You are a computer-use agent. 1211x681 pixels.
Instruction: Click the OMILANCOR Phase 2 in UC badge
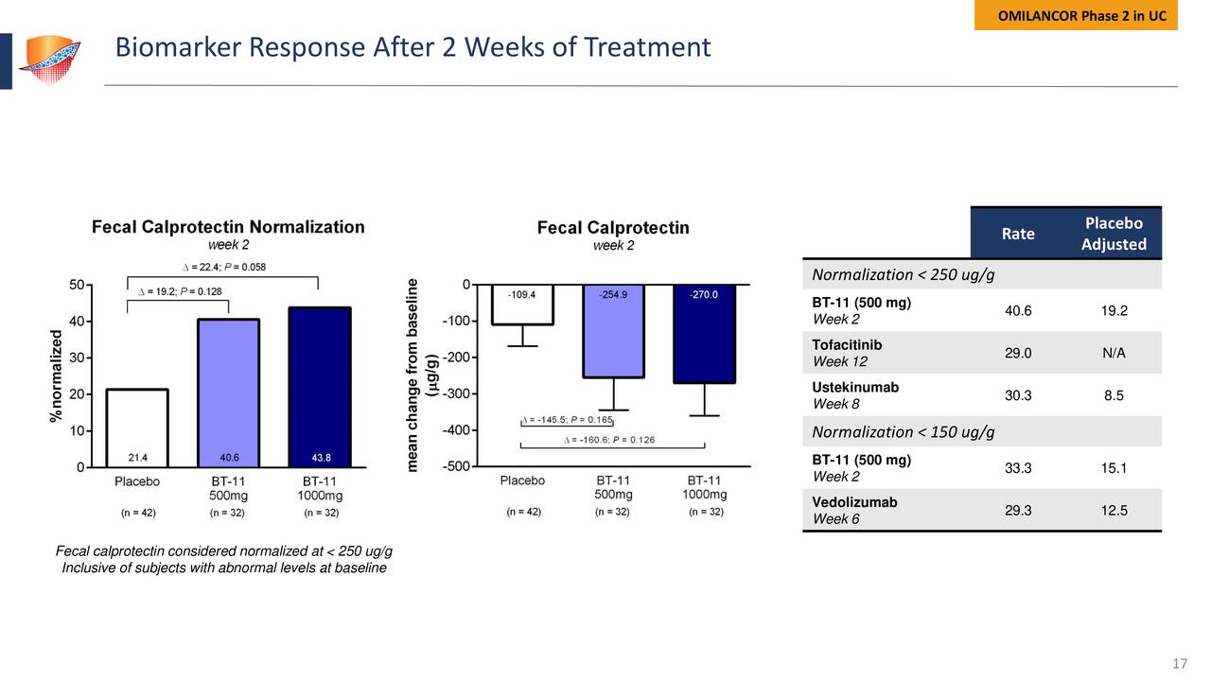(1076, 16)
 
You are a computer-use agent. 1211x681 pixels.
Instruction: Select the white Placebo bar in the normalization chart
(137, 428)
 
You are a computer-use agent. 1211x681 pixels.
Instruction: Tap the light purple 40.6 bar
(228, 393)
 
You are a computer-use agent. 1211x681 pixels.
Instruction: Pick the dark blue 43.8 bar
(319, 387)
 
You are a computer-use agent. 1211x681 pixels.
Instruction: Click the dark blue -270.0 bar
(705, 334)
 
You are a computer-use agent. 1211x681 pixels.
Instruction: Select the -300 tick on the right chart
(457, 393)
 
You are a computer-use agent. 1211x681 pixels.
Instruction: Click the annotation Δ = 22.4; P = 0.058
(222, 267)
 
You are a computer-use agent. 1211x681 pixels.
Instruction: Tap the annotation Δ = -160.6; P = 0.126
(609, 439)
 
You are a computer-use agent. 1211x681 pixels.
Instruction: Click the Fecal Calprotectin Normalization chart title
(227, 227)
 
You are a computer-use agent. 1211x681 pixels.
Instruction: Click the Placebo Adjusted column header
(1114, 234)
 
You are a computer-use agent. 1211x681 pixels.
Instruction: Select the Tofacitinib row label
(847, 345)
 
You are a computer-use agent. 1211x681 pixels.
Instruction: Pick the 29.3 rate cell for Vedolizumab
(1018, 510)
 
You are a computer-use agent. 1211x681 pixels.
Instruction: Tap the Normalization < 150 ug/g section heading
(903, 432)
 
